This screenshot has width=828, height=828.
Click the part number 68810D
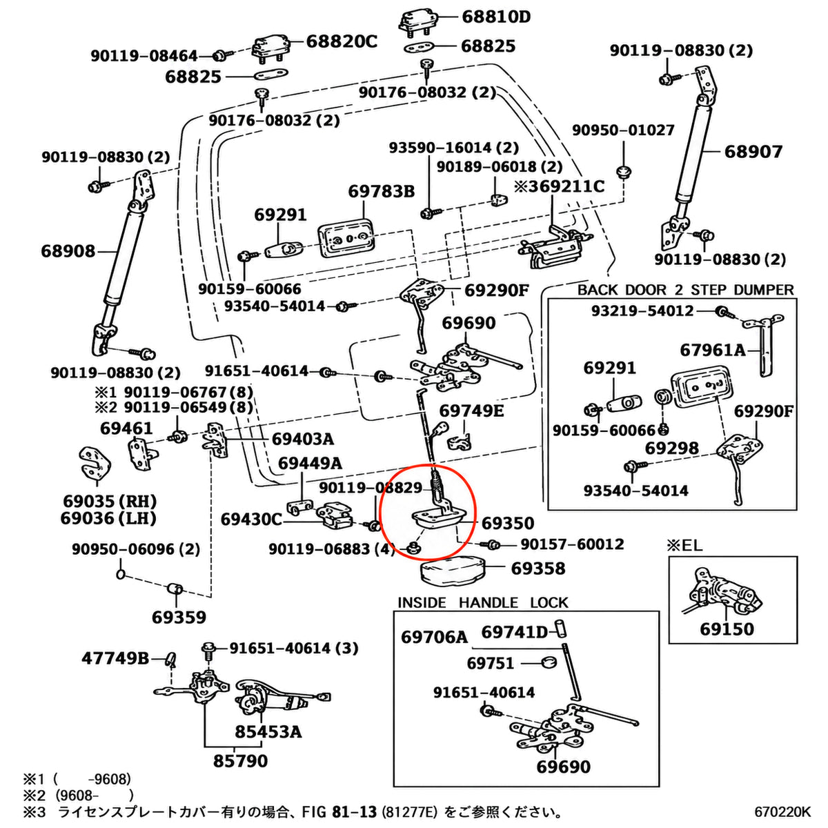496,17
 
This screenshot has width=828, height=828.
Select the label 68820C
342,41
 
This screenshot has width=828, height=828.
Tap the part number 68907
753,152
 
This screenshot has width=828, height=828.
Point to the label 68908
68,251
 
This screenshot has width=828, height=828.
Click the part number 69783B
381,191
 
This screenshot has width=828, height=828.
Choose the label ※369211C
560,186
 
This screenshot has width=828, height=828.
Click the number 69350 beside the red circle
508,523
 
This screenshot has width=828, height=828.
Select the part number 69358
538,569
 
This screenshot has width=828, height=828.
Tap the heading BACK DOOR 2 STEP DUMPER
685,290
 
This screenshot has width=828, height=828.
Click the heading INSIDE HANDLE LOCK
482,603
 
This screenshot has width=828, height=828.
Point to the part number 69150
727,629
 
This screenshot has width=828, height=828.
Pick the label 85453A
268,731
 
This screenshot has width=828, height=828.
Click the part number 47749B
115,658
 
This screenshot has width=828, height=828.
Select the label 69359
179,618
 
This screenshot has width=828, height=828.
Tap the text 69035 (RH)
110,502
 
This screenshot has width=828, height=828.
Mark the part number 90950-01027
623,130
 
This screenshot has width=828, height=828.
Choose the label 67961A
713,351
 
